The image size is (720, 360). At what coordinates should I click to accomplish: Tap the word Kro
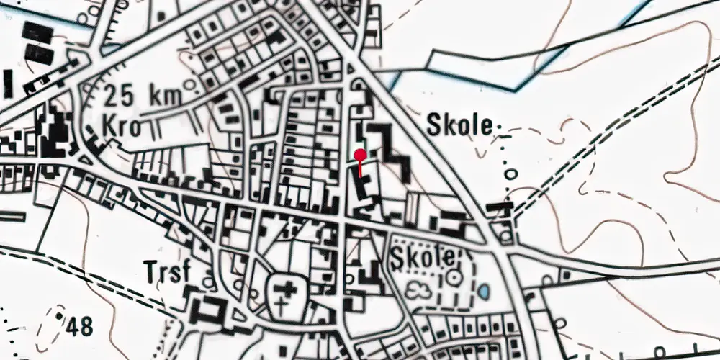coord(120,127)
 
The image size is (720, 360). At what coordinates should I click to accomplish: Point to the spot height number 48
coord(79,327)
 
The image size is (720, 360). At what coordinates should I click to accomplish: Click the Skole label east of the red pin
coord(461,125)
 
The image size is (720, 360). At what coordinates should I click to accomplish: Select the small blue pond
coord(484,291)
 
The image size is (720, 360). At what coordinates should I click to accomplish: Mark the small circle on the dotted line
coord(510,174)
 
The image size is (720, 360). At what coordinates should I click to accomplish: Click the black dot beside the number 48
coord(58,315)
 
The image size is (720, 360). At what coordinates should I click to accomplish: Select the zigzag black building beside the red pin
coord(389,148)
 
